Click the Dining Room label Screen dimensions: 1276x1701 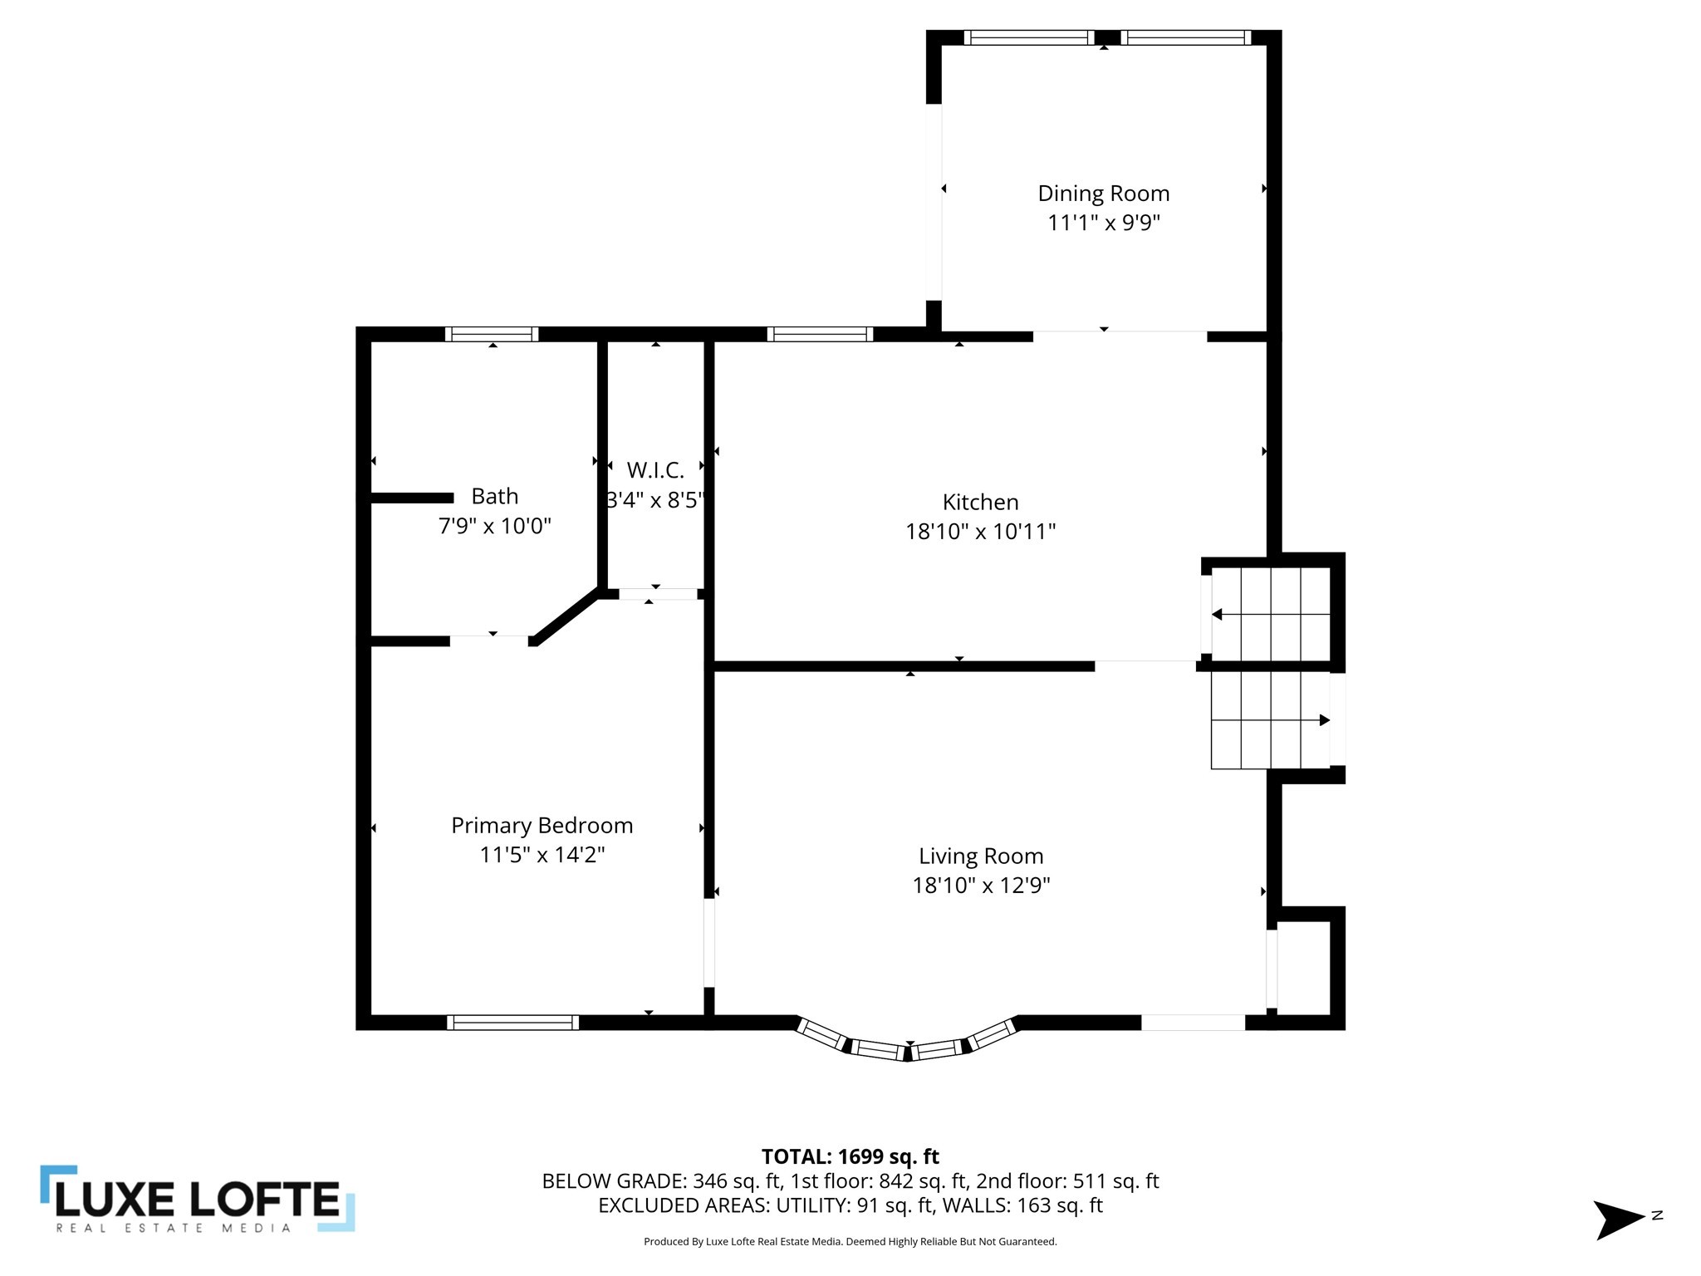tap(1103, 194)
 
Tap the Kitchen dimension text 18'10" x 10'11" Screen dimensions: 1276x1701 tap(980, 532)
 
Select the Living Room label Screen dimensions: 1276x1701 tap(980, 856)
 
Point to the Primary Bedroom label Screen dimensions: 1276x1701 tap(542, 825)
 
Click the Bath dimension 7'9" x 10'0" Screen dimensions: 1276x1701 tap(495, 526)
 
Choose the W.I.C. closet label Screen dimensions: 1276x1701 tap(655, 470)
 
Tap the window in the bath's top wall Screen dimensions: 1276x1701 tap(492, 334)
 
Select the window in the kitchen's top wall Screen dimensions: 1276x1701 tap(820, 334)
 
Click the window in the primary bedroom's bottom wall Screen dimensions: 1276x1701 tap(512, 1023)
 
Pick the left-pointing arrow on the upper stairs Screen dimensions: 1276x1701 tap(1218, 615)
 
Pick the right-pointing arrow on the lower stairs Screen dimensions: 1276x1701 tap(1323, 720)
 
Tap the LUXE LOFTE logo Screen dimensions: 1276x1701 tap(198, 1199)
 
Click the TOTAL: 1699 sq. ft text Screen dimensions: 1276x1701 tap(850, 1156)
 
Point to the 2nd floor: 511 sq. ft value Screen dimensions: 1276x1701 tap(1067, 1180)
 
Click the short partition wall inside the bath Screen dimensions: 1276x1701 tap(412, 498)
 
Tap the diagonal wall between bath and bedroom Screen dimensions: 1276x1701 tap(565, 616)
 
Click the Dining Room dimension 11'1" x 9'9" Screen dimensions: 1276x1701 tap(1103, 223)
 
